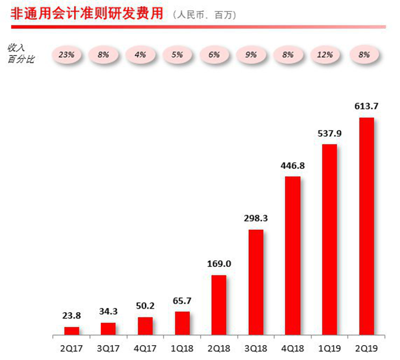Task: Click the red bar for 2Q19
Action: coord(366,226)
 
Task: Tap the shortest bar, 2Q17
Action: coord(72,331)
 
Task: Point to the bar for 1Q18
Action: coord(182,323)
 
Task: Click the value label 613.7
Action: coord(366,107)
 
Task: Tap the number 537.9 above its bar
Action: coord(329,133)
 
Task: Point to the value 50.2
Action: coord(145,306)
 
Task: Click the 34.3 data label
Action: coord(108,312)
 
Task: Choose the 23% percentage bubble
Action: coord(67,54)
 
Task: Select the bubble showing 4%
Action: coord(141,54)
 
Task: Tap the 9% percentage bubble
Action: coord(252,54)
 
